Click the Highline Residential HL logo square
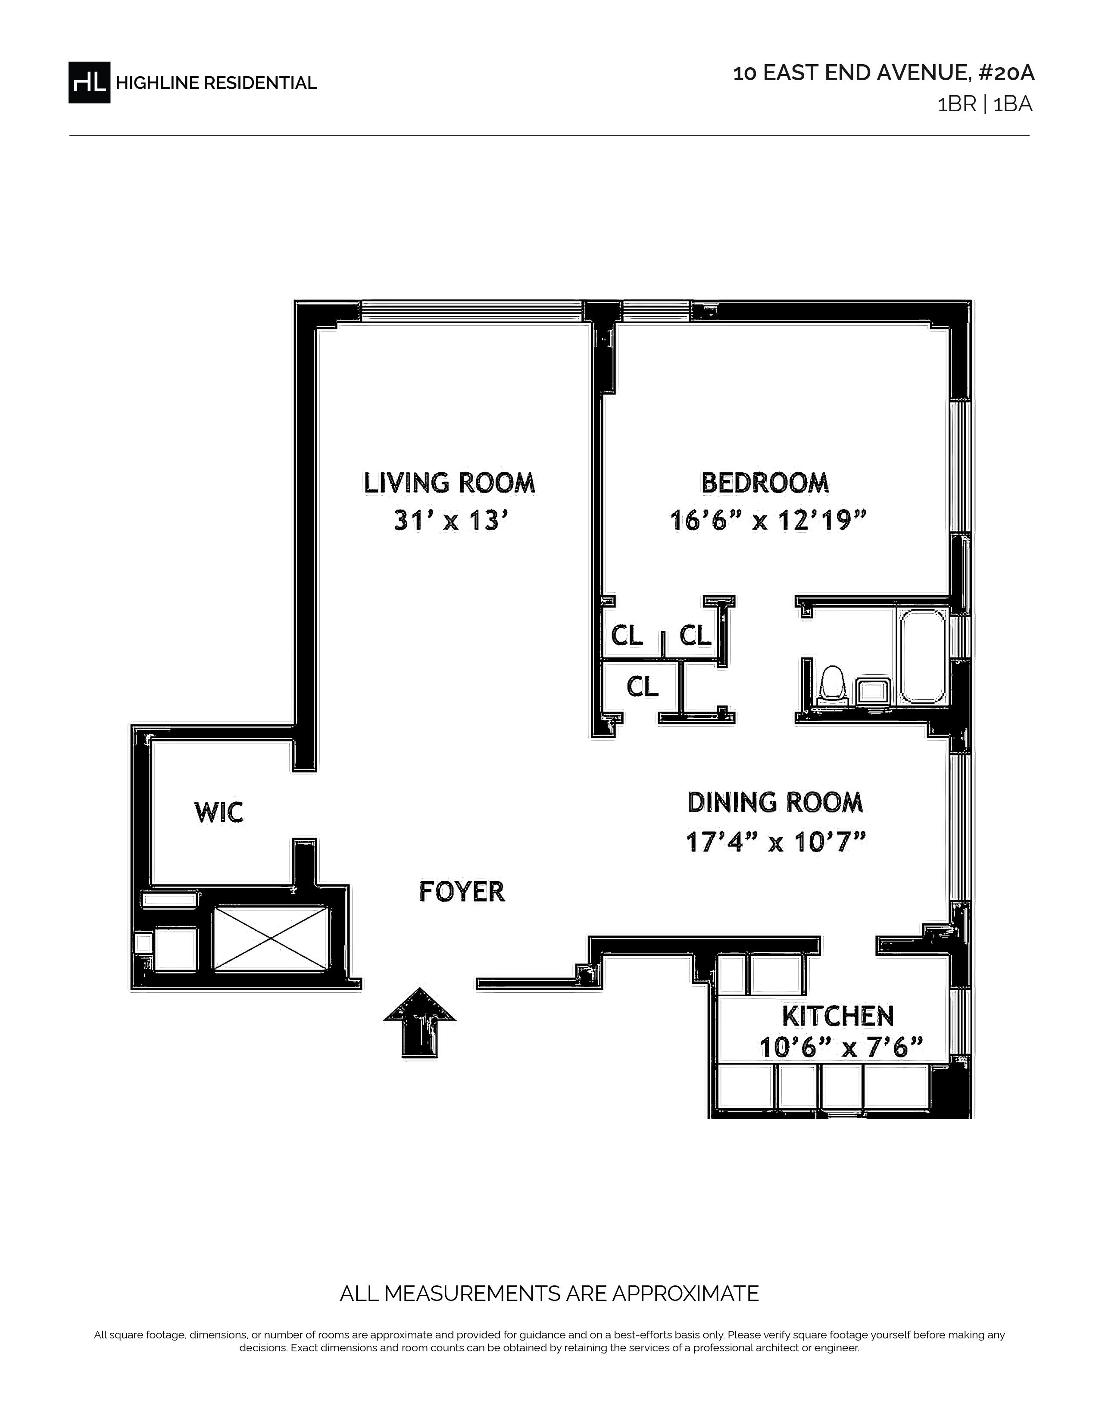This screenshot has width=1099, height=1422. click(89, 82)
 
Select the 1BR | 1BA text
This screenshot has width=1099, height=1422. click(984, 105)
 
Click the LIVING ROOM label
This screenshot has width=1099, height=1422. click(449, 483)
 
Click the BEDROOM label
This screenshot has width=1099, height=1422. click(765, 483)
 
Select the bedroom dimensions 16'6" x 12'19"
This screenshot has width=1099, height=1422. click(769, 521)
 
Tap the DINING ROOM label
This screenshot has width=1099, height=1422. click(775, 802)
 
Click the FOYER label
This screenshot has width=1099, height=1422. click(462, 892)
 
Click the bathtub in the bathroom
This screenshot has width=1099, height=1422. click(922, 656)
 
